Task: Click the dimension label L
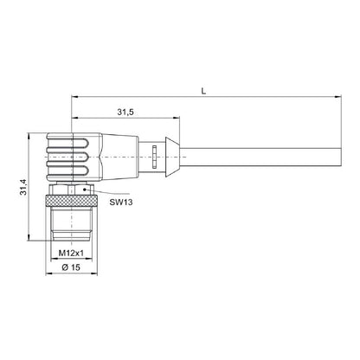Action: point(203,92)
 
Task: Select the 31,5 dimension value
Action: point(125,112)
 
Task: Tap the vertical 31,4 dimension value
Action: point(23,187)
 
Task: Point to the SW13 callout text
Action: point(121,202)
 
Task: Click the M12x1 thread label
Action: point(71,253)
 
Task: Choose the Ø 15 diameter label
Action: point(71,267)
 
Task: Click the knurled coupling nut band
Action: point(72,201)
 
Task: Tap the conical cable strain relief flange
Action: point(172,157)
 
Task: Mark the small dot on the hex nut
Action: point(85,190)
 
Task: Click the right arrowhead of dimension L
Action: point(337,97)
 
